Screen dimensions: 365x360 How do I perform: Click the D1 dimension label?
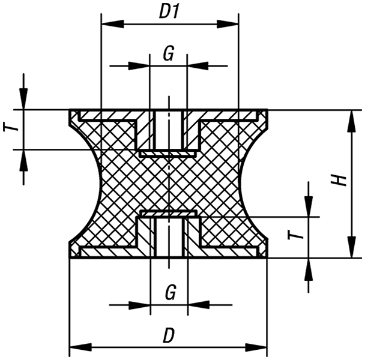click(x=169, y=12)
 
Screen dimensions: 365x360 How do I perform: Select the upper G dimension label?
click(x=169, y=53)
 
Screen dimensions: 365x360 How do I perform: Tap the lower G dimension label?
click(x=170, y=292)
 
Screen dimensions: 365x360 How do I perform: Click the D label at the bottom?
click(x=169, y=335)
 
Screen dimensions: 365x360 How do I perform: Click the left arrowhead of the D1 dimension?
click(x=113, y=24)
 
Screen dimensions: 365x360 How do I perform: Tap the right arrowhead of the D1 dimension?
click(x=228, y=24)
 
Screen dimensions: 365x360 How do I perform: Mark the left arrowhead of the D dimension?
click(x=81, y=347)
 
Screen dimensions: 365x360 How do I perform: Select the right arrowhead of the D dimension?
click(x=256, y=347)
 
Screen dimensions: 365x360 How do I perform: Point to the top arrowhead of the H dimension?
click(x=352, y=121)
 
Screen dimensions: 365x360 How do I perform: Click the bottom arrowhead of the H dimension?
click(x=352, y=247)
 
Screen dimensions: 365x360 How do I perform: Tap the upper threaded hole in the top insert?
click(x=169, y=130)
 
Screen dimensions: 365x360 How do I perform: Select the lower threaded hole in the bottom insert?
click(x=169, y=238)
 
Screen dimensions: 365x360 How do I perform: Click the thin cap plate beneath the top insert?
click(x=167, y=154)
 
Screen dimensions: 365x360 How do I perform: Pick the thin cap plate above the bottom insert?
click(x=169, y=212)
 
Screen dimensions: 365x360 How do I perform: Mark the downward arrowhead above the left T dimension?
click(x=23, y=98)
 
